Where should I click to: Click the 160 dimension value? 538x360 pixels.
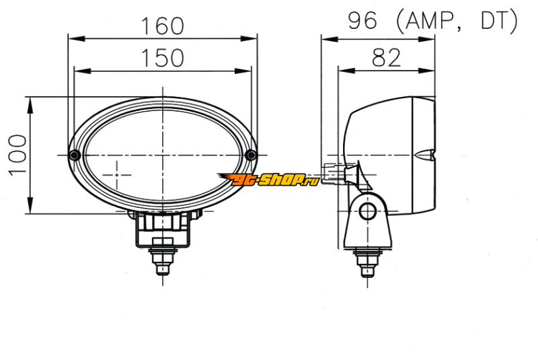click(x=163, y=26)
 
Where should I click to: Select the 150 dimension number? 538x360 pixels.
click(x=163, y=58)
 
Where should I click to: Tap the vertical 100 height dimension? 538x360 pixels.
click(x=17, y=155)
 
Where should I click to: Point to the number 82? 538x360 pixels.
click(x=386, y=58)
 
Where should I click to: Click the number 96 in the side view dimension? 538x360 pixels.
click(x=362, y=20)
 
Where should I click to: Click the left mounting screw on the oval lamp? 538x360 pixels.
click(x=75, y=155)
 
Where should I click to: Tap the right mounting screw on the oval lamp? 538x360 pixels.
click(x=251, y=155)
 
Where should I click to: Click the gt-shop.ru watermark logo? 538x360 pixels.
click(x=268, y=180)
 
